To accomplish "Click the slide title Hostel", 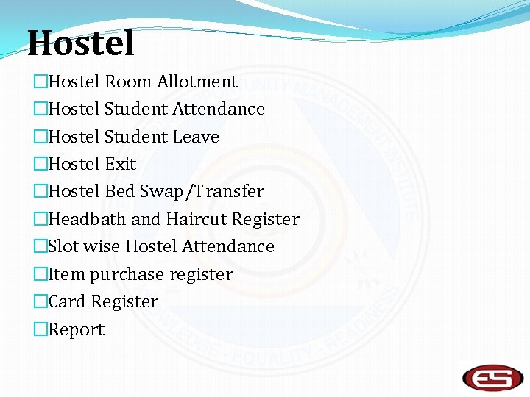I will (x=81, y=43).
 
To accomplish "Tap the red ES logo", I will (x=492, y=377).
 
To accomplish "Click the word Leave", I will (x=196, y=137).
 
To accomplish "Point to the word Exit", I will (x=121, y=164).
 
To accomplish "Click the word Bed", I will (x=119, y=192).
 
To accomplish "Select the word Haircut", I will (x=197, y=219).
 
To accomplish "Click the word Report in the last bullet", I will (x=76, y=330).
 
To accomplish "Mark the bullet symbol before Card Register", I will (x=40, y=302).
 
